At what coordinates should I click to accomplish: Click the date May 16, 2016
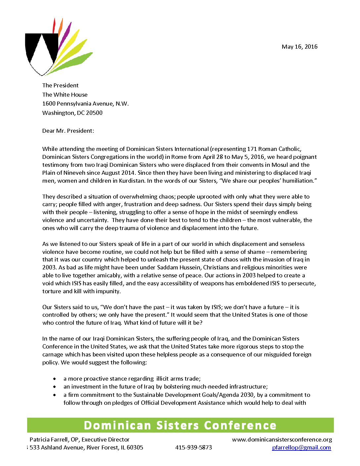pos(299,47)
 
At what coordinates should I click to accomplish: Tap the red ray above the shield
pos(54,26)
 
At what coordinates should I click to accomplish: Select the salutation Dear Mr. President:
pos(68,131)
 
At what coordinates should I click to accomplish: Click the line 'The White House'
pos(65,95)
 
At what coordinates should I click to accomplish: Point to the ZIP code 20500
pos(94,113)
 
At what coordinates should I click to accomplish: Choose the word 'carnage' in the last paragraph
pos(53,354)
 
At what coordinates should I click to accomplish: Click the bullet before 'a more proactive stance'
pos(55,379)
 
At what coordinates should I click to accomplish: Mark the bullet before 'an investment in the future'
pos(55,387)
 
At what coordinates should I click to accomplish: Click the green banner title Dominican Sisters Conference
pos(180,425)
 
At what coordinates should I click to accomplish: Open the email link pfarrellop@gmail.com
pos(301,447)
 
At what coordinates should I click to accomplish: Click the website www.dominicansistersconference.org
pos(282,440)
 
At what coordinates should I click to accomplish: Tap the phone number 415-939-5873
pos(194,447)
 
